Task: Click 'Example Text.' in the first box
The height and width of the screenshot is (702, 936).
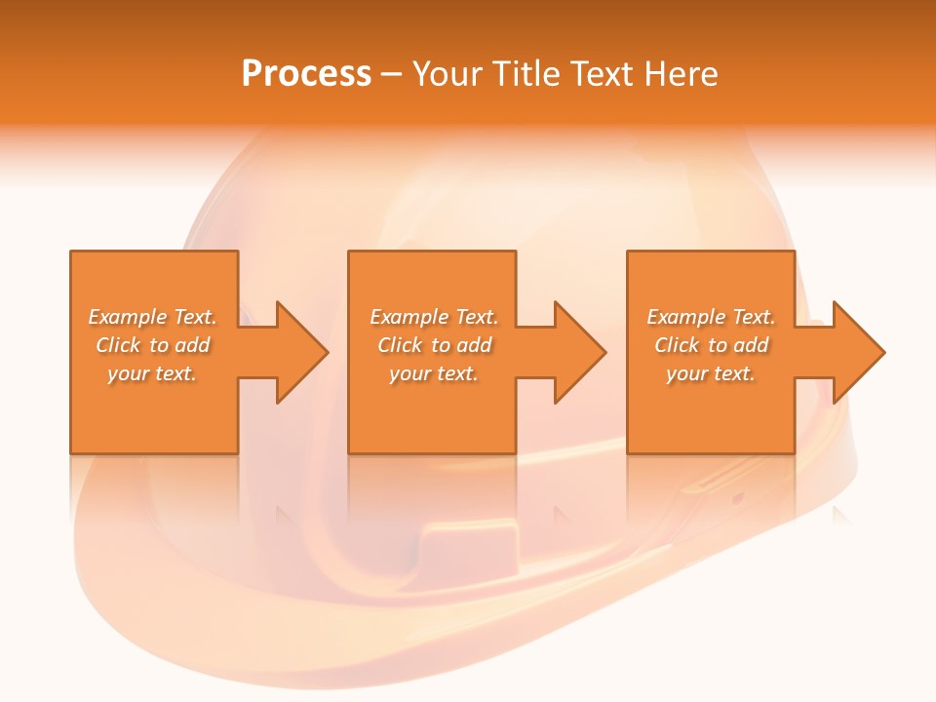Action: click(x=153, y=317)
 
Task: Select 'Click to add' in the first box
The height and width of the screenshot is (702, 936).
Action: click(x=153, y=345)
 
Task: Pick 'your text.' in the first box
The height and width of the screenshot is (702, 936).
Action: click(x=153, y=373)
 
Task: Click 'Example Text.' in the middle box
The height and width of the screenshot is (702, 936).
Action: click(x=434, y=317)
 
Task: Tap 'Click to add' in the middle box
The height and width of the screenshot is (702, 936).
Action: click(x=434, y=345)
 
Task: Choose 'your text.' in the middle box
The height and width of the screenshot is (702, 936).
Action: click(x=434, y=373)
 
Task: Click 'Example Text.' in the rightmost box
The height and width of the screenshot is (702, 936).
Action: click(x=711, y=317)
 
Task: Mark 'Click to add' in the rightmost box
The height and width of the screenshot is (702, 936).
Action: click(x=711, y=345)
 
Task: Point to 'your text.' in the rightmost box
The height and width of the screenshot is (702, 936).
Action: click(x=711, y=373)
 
